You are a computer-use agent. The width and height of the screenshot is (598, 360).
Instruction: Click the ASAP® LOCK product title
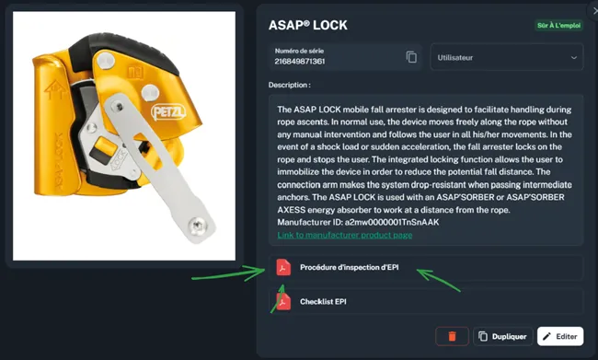[308, 25]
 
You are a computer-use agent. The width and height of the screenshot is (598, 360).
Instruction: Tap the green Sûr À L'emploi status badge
[558, 26]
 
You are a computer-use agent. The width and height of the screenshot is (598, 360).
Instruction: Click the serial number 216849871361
[300, 61]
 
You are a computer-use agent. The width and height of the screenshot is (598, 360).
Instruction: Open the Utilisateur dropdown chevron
[573, 58]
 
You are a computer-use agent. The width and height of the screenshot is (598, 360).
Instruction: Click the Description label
[290, 85]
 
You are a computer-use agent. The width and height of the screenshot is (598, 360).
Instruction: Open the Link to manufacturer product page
[345, 235]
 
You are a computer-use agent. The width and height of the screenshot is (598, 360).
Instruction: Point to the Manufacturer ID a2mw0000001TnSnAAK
[392, 222]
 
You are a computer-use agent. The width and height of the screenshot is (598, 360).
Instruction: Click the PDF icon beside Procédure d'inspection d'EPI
[283, 267]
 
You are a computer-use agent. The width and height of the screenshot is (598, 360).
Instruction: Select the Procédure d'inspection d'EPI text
[350, 267]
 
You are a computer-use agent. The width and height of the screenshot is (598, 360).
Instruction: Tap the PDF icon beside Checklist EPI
[283, 302]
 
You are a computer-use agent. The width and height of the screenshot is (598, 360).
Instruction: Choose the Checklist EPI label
[323, 302]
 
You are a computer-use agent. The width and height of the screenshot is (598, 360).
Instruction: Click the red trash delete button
[452, 336]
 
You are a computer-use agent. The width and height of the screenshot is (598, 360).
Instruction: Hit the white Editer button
[560, 336]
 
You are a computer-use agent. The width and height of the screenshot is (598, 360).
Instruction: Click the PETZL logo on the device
[168, 111]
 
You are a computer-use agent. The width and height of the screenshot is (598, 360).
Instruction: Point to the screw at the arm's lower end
[198, 226]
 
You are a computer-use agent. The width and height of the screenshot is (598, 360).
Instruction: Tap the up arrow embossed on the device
[55, 89]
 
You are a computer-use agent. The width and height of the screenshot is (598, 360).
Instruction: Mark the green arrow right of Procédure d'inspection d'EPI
[438, 280]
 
